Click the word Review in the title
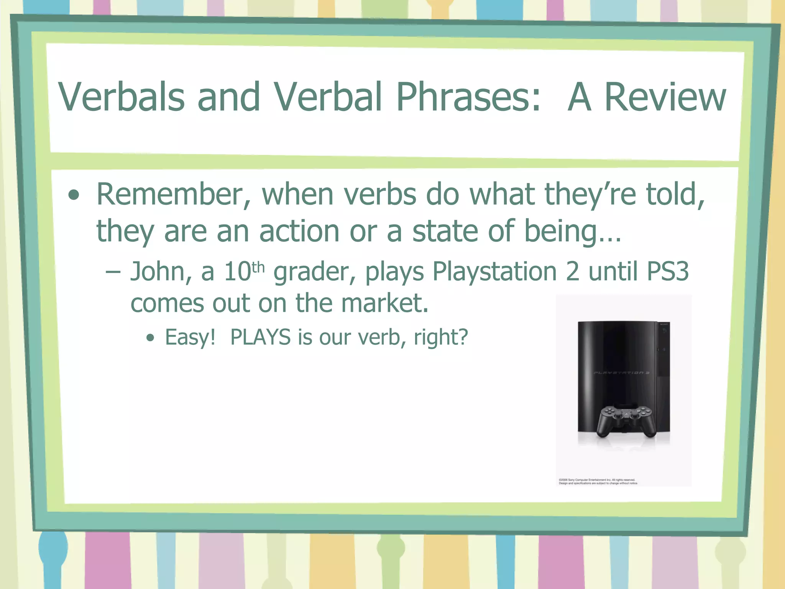click(x=665, y=98)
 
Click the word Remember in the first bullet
click(x=173, y=195)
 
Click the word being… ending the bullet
click(x=572, y=232)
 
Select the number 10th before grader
click(x=244, y=271)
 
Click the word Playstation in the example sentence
click(x=494, y=272)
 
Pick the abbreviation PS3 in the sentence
click(x=667, y=271)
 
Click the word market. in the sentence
click(x=384, y=303)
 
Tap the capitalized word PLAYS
click(x=260, y=337)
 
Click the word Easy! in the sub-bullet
click(x=190, y=337)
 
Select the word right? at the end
click(x=441, y=337)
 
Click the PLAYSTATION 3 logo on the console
click(x=621, y=373)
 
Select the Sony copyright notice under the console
click(x=598, y=482)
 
